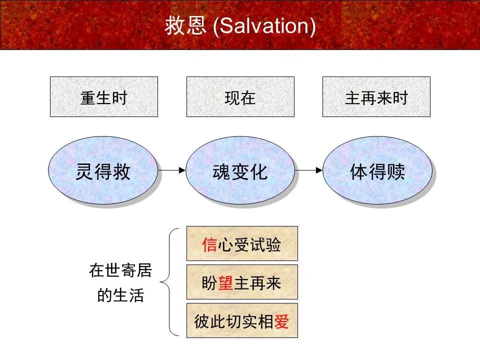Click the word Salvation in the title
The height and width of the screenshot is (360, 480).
click(264, 26)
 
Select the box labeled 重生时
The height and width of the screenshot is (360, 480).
click(104, 97)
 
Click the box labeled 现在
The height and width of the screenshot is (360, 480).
click(240, 97)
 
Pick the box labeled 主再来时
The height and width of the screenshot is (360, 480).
click(376, 97)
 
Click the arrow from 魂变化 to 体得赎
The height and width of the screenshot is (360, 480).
click(308, 170)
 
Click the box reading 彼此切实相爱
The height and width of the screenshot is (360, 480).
click(242, 320)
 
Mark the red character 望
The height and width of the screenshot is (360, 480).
click(225, 283)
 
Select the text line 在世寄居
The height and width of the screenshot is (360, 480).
click(120, 271)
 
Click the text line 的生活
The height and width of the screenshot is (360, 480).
click(120, 295)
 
